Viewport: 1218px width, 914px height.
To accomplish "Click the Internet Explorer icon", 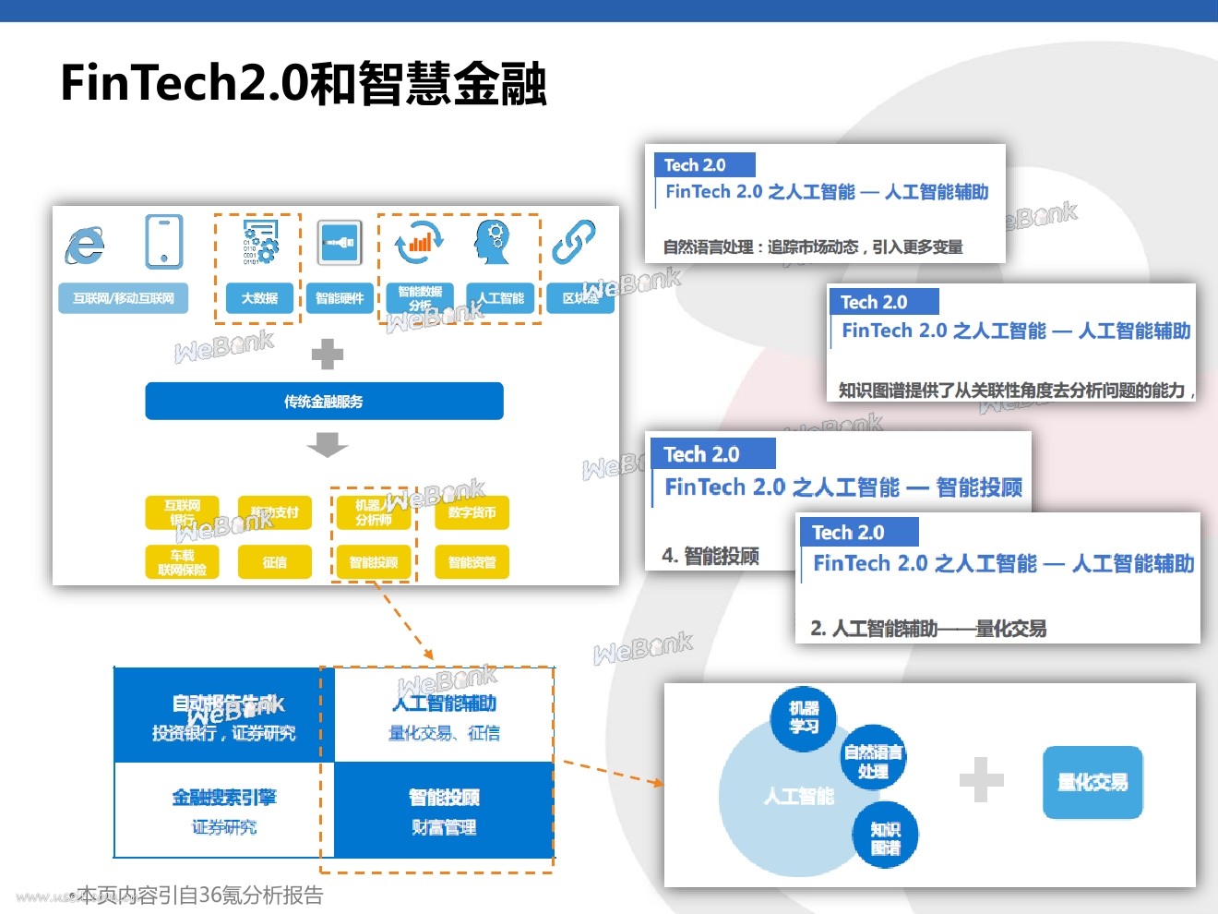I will [85, 245].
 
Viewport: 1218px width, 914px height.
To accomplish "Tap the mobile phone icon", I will [164, 242].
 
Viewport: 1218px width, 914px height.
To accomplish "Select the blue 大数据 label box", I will [259, 298].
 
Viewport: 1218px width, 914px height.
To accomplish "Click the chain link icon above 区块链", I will [574, 242].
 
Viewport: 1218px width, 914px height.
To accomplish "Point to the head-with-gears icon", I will [494, 242].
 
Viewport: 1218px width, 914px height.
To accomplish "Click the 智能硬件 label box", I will [340, 298].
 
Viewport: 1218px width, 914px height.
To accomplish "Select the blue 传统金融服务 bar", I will [324, 402].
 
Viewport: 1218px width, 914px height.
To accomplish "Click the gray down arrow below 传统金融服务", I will [327, 446].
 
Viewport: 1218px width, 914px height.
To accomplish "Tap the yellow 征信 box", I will [274, 562].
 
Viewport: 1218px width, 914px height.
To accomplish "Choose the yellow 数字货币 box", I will [472, 512].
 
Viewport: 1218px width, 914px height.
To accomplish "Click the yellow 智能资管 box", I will [472, 562].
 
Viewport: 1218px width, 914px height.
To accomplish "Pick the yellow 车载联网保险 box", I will [182, 562].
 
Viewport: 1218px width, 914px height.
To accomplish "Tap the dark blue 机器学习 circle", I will [804, 717].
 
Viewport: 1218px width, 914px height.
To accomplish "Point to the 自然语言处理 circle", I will [873, 761].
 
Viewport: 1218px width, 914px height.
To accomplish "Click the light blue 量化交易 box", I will [1093, 783].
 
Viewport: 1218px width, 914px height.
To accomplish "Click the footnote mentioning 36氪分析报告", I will [199, 895].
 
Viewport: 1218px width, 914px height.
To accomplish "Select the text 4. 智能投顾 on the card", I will [710, 556].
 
